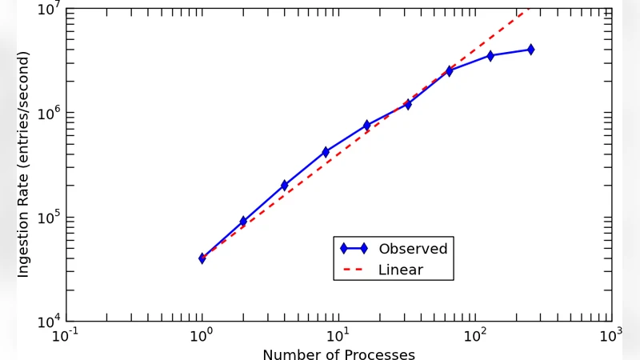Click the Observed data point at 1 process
[x=202, y=258]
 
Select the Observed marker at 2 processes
[x=243, y=222]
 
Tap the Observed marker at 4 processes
[x=285, y=186]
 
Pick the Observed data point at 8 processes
[x=326, y=152]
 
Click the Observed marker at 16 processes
[x=366, y=126]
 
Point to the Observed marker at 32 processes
[x=408, y=104]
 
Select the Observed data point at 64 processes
[x=449, y=71]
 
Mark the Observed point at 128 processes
[x=490, y=56]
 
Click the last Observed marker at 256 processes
[x=530, y=50]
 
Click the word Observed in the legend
[x=413, y=249]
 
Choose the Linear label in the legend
[x=401, y=270]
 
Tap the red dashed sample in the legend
[x=354, y=270]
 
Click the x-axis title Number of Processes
[x=338, y=354]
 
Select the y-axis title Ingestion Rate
[x=23, y=164]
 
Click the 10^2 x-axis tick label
[x=475, y=335]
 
